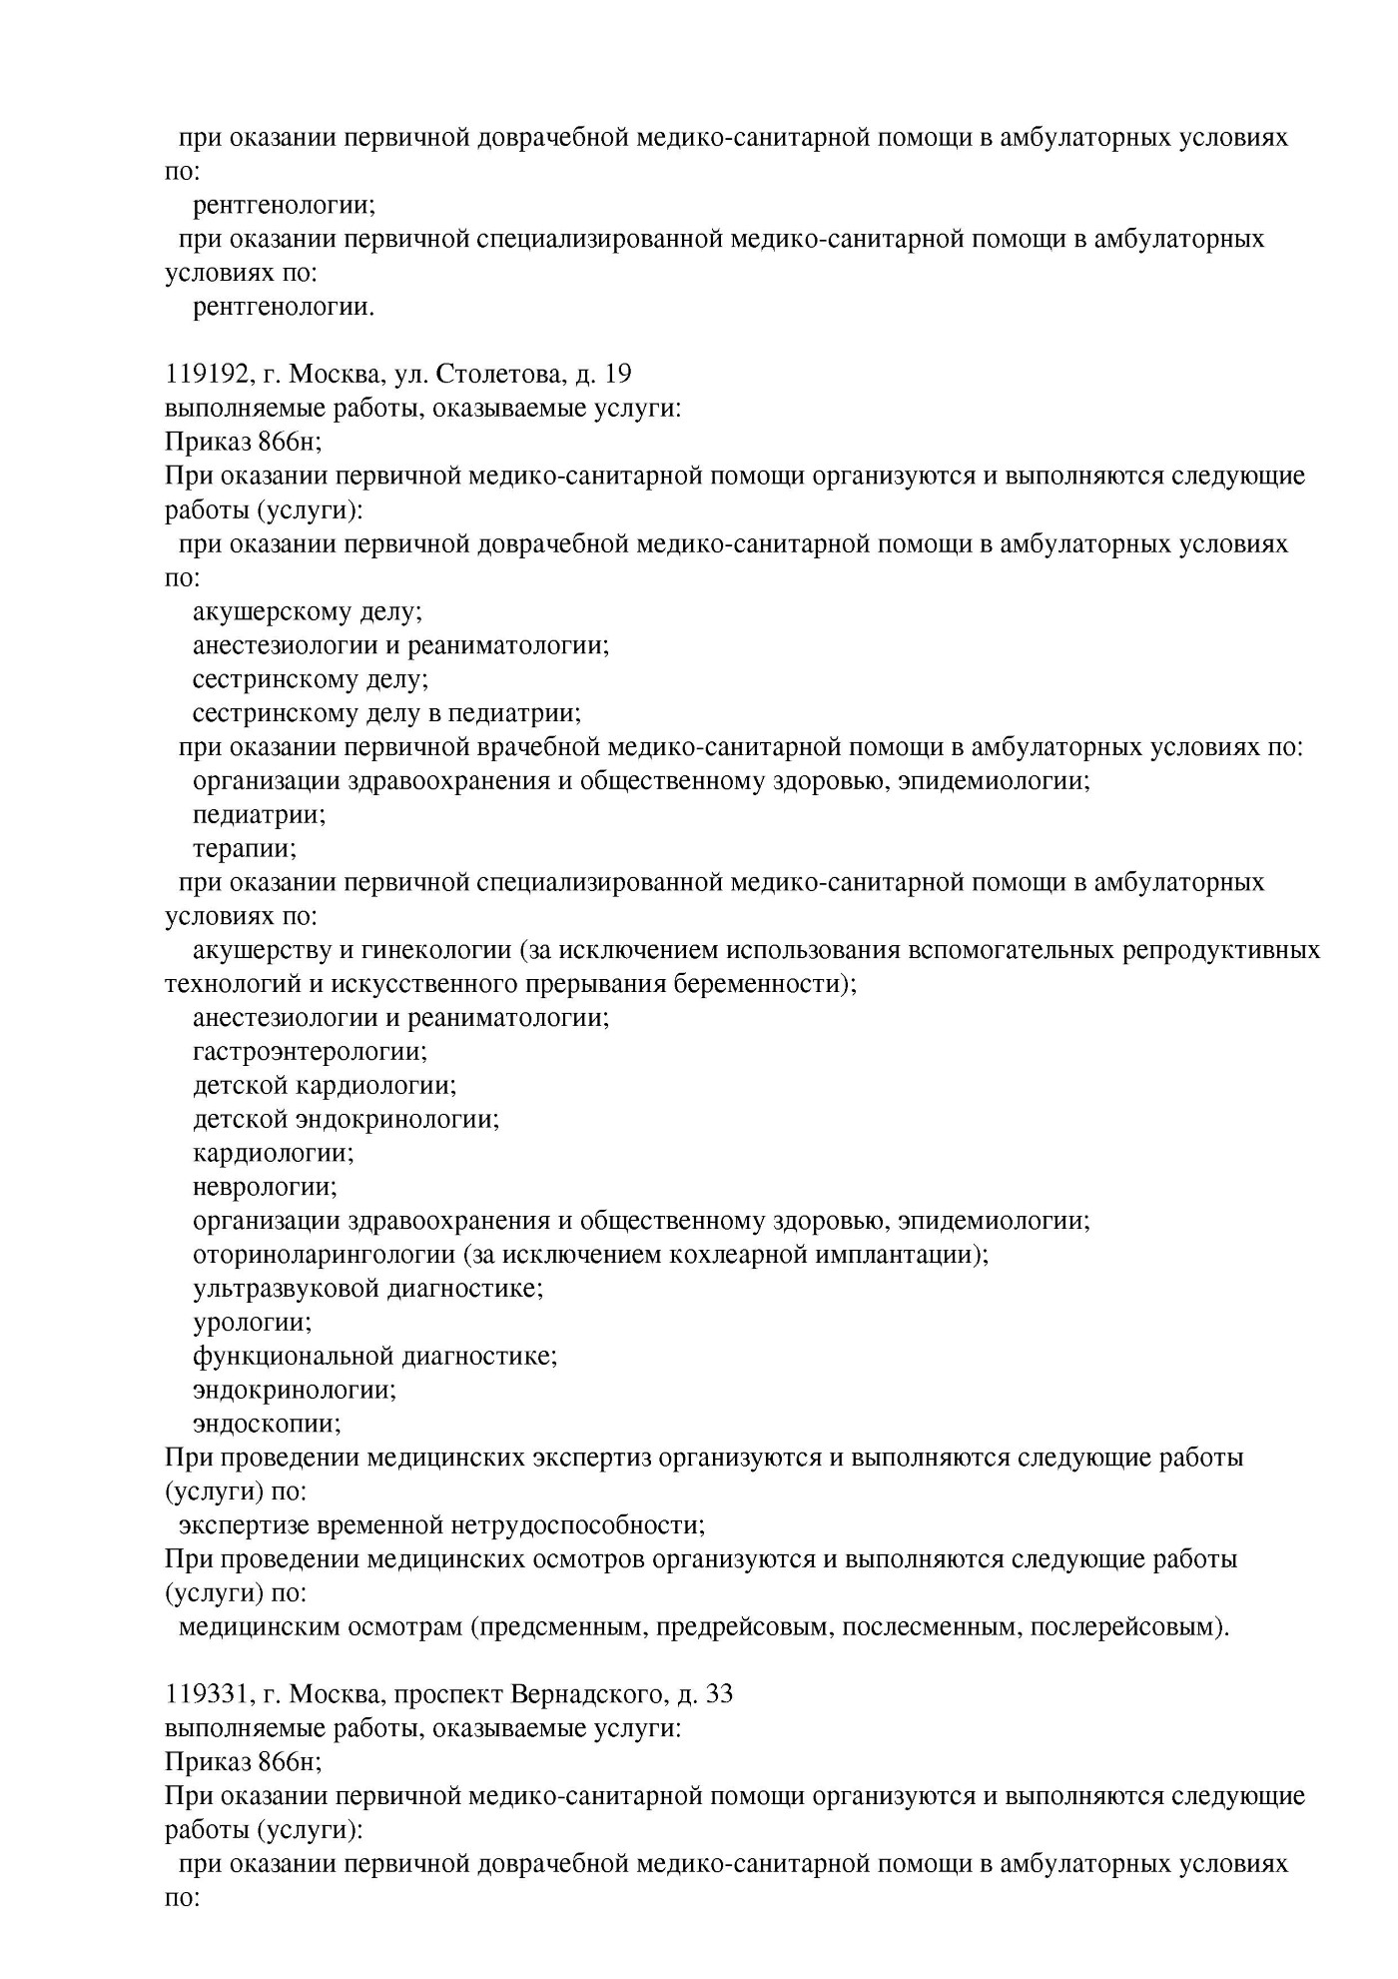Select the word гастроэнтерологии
click(310, 1051)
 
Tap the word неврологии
click(265, 1187)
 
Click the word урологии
click(252, 1323)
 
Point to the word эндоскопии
click(267, 1424)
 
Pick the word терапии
click(245, 849)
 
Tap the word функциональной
click(293, 1357)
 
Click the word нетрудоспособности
click(578, 1525)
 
